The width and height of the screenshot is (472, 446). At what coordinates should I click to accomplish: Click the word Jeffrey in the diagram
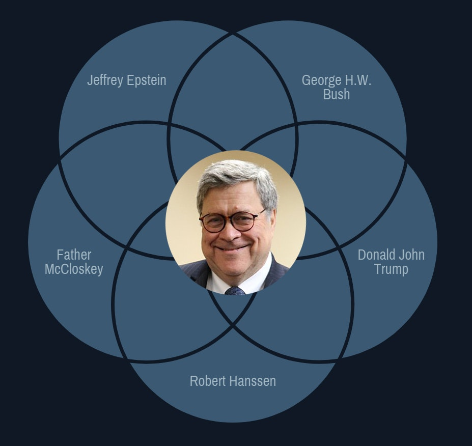105,80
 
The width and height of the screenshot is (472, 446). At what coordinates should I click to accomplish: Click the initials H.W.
358,80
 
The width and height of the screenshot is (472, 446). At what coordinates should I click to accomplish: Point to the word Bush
337,94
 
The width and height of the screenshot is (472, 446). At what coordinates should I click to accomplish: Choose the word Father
74,255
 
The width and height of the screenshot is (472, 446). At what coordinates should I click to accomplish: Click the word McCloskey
74,269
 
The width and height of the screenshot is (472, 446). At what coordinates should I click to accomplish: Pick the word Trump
391,269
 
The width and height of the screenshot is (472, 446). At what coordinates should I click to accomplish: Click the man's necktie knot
235,290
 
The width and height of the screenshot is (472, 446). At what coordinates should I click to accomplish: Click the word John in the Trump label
412,255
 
